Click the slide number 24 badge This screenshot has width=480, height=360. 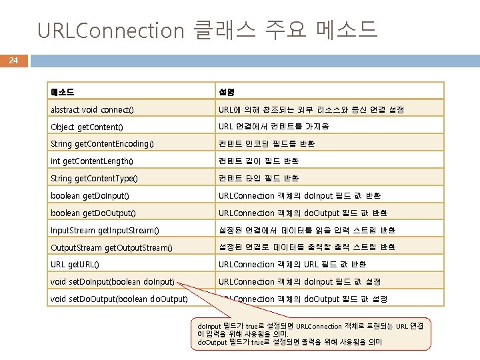click(13, 61)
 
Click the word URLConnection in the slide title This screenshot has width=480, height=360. click(110, 30)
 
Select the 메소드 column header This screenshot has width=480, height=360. click(62, 91)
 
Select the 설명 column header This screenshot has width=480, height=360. click(226, 91)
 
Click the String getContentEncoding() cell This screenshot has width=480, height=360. click(102, 144)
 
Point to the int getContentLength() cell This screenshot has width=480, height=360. click(92, 161)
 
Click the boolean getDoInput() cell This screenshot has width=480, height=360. click(90, 196)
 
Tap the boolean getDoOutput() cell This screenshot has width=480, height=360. click(93, 213)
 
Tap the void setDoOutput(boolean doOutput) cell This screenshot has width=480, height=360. click(119, 299)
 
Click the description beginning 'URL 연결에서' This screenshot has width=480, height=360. click(274, 127)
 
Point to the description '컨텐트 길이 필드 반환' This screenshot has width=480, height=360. click(259, 161)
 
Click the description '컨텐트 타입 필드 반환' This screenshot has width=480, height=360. click(259, 179)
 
